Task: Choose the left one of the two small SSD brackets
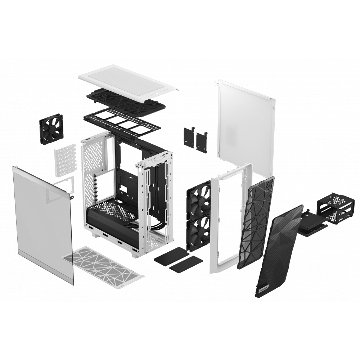189,137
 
